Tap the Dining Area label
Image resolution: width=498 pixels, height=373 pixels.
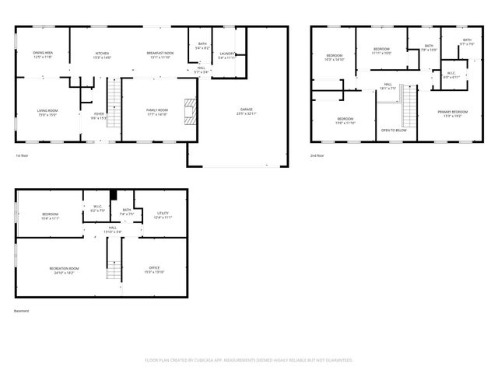[x=43, y=54]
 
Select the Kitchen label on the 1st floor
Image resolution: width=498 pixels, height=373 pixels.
[x=103, y=54]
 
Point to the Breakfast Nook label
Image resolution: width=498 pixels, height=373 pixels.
[x=160, y=54]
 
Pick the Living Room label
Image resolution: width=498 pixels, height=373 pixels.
[x=47, y=112]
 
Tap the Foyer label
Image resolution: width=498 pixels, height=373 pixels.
[x=99, y=115]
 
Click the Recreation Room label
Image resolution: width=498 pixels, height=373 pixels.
[x=64, y=270]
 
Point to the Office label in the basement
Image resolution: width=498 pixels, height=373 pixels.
[x=154, y=270]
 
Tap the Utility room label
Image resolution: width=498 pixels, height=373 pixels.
[x=163, y=214]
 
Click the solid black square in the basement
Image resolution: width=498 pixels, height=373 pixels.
[x=114, y=196]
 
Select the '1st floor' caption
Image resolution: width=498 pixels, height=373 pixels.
[x=23, y=156]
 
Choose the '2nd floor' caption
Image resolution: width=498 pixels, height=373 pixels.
[x=317, y=156]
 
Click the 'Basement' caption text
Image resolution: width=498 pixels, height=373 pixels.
[x=22, y=311]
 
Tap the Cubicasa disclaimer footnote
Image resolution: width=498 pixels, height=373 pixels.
[x=249, y=361]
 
